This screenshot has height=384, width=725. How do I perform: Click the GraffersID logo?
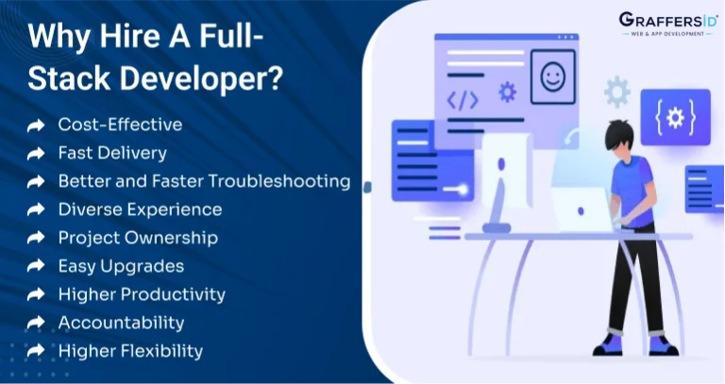[666, 24]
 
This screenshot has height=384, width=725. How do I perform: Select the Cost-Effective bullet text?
[120, 125]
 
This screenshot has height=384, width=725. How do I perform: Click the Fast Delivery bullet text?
[112, 153]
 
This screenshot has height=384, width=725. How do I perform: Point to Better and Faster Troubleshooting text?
[204, 181]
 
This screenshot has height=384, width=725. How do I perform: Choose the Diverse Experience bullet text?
[140, 209]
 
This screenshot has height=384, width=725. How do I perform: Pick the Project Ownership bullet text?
[138, 238]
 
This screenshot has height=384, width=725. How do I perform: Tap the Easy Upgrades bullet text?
[121, 266]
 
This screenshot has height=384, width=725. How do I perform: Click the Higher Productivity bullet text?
[142, 294]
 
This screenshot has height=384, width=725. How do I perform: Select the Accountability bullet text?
[121, 323]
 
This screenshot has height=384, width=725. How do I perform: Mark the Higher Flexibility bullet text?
[130, 351]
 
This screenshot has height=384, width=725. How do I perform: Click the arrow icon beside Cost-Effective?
[36, 125]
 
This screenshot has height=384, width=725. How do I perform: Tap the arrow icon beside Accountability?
[36, 323]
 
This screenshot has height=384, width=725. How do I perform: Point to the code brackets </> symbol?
[463, 100]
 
